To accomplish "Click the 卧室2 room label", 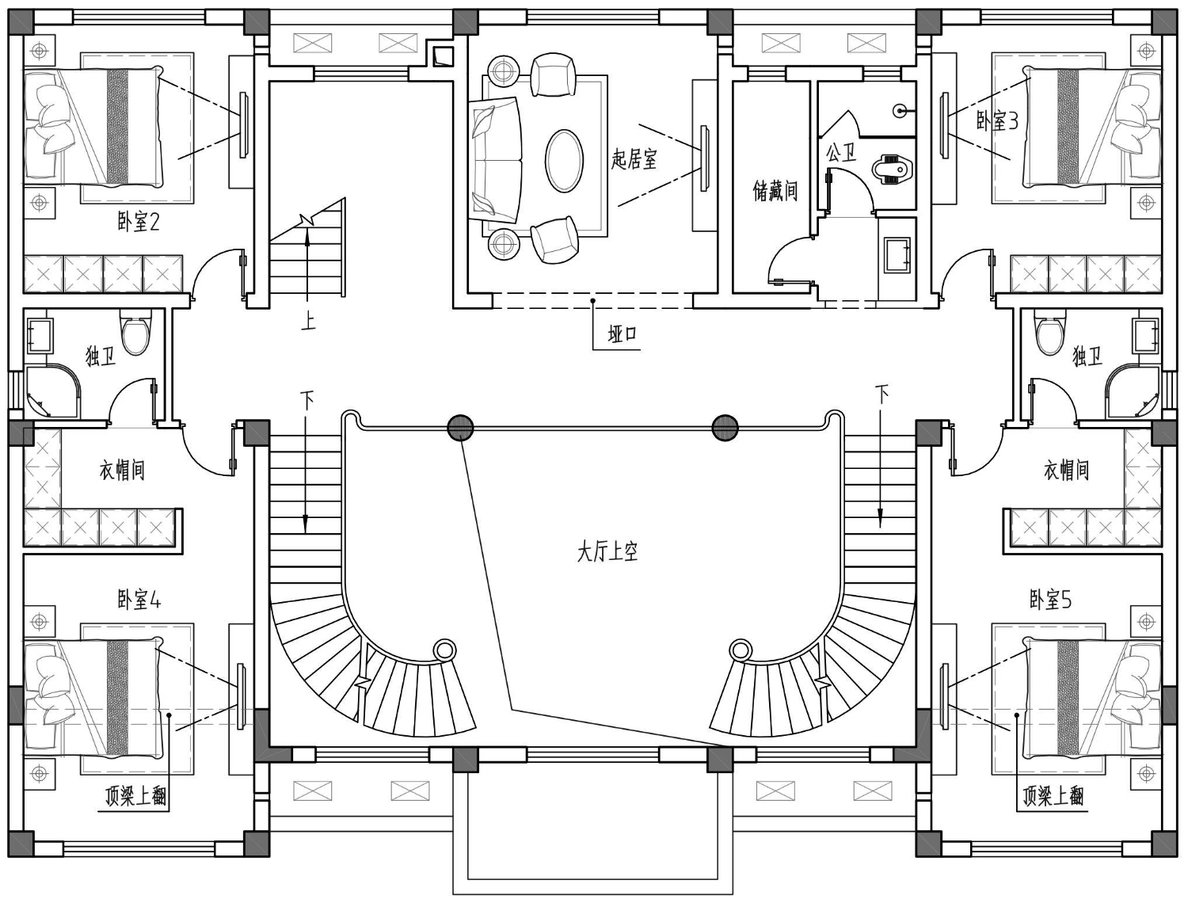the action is [139, 222].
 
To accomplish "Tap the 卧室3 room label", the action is [997, 121].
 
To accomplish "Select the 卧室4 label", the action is [139, 600].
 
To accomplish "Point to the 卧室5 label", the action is [1050, 600].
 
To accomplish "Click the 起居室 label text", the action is [634, 159].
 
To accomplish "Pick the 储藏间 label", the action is [775, 191].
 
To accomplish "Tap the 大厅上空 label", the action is [607, 553].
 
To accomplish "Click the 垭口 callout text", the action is [623, 334].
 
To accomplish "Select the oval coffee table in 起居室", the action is [565, 161].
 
